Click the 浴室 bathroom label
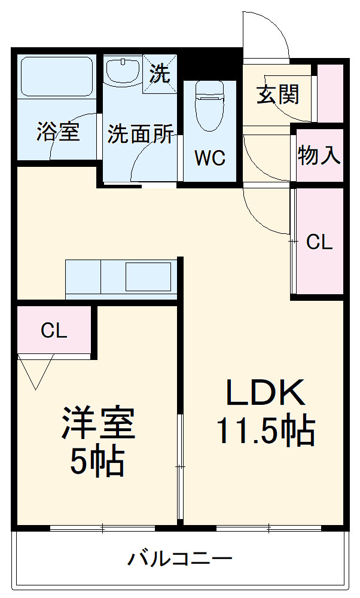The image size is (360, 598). [58, 132]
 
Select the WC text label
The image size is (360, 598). [209, 158]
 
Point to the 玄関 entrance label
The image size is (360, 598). [278, 94]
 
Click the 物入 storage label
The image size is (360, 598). [319, 155]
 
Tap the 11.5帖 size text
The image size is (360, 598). [266, 431]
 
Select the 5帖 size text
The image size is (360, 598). [97, 461]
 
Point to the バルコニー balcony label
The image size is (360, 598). [179, 560]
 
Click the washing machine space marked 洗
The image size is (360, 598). [160, 74]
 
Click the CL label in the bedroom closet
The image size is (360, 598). [54, 331]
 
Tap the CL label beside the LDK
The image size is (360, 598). [319, 242]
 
